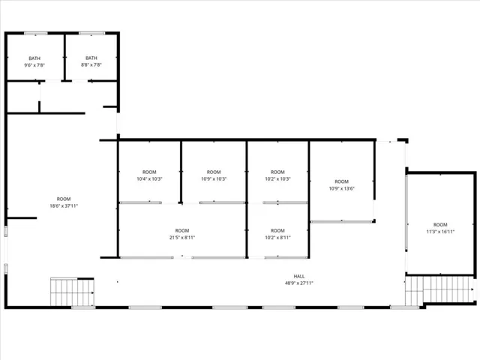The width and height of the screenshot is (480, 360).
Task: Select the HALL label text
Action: click(x=299, y=276)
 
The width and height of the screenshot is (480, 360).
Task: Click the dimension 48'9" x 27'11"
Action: click(x=299, y=283)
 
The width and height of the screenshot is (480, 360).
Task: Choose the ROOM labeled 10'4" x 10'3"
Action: click(x=149, y=175)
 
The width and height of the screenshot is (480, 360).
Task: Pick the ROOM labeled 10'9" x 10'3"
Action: click(x=214, y=175)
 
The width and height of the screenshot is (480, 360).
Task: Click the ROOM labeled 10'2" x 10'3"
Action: click(x=277, y=175)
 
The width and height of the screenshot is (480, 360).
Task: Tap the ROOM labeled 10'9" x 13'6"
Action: click(x=341, y=184)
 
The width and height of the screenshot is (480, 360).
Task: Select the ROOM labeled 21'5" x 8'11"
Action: click(x=182, y=234)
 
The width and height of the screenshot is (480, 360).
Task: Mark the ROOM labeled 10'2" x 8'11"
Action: click(x=277, y=234)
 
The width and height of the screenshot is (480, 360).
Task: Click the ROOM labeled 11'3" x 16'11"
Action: click(x=440, y=228)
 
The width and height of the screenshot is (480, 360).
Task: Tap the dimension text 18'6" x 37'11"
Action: click(x=64, y=205)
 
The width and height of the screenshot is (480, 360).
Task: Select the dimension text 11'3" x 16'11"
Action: click(x=440, y=232)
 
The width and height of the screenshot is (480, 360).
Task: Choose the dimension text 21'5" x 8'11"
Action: click(x=182, y=238)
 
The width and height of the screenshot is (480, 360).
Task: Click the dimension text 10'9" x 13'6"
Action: click(x=341, y=188)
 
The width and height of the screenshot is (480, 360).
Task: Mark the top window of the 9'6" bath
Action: click(x=35, y=33)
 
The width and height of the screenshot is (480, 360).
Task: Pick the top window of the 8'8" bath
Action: click(x=91, y=33)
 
